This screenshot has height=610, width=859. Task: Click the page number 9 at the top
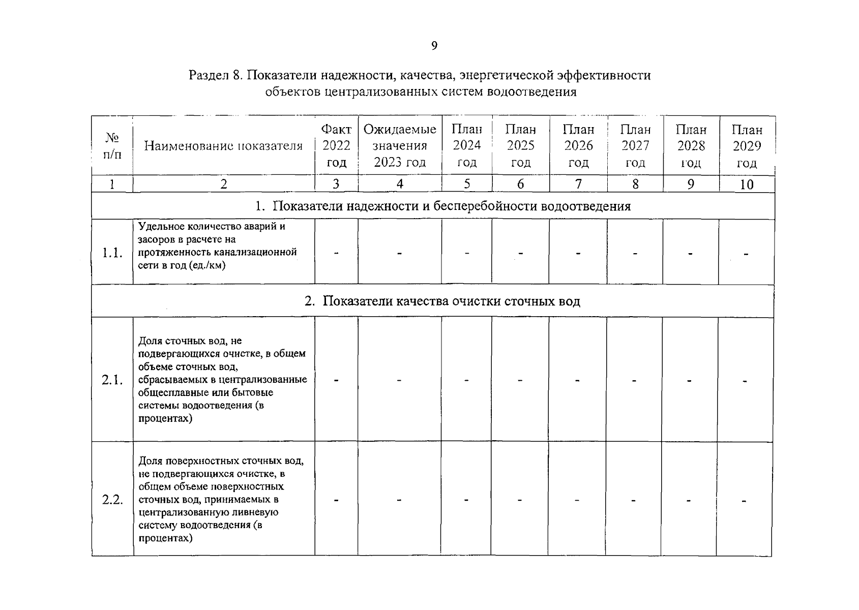pyautogui.click(x=434, y=46)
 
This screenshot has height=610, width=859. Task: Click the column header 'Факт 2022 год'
pyautogui.click(x=336, y=146)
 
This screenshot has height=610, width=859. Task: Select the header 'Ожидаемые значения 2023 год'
pyautogui.click(x=400, y=146)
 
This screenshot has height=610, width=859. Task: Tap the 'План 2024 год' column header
pyautogui.click(x=467, y=146)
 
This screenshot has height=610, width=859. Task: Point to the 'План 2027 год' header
pyautogui.click(x=635, y=146)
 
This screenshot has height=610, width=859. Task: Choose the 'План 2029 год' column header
pyautogui.click(x=747, y=146)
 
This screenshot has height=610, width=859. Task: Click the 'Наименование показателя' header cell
pyautogui.click(x=223, y=146)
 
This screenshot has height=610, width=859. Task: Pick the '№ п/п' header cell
pyautogui.click(x=112, y=146)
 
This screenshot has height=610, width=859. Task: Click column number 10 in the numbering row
pyautogui.click(x=747, y=185)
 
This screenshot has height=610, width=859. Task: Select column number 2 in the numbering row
pyautogui.click(x=223, y=184)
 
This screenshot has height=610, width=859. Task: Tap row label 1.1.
pyautogui.click(x=112, y=253)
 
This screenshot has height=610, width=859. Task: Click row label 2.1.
pyautogui.click(x=112, y=380)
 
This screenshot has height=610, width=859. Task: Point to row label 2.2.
pyautogui.click(x=112, y=500)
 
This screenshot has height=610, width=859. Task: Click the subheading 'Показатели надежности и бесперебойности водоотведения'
pyautogui.click(x=451, y=206)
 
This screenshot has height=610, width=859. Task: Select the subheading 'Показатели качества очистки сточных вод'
pyautogui.click(x=451, y=301)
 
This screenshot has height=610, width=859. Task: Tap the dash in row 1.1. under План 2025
pyautogui.click(x=520, y=253)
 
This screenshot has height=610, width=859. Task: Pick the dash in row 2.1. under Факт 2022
pyautogui.click(x=336, y=380)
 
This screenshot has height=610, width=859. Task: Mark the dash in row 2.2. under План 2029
pyautogui.click(x=744, y=501)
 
